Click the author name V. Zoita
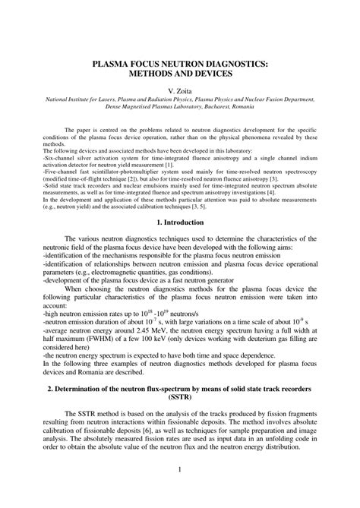click(179, 89)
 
